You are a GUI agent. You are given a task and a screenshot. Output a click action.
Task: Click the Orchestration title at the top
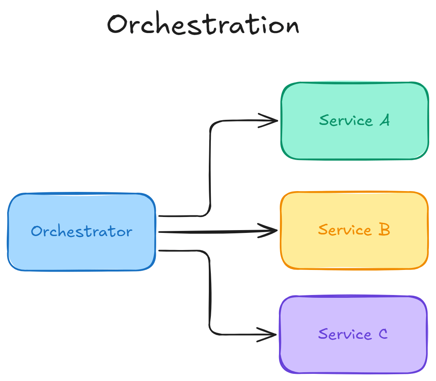point(203,25)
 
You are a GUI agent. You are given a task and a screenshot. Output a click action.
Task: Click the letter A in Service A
point(384,120)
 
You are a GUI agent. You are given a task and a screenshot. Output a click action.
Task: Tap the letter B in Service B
point(384,230)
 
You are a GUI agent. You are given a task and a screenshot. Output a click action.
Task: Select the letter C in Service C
point(382,334)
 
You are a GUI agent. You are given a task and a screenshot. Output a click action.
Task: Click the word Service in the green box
point(346,120)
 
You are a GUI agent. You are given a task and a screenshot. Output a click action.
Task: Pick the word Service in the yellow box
point(345,230)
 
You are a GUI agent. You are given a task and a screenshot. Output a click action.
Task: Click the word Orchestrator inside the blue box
point(82,231)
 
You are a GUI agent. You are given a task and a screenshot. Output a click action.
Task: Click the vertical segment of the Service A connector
point(210,167)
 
